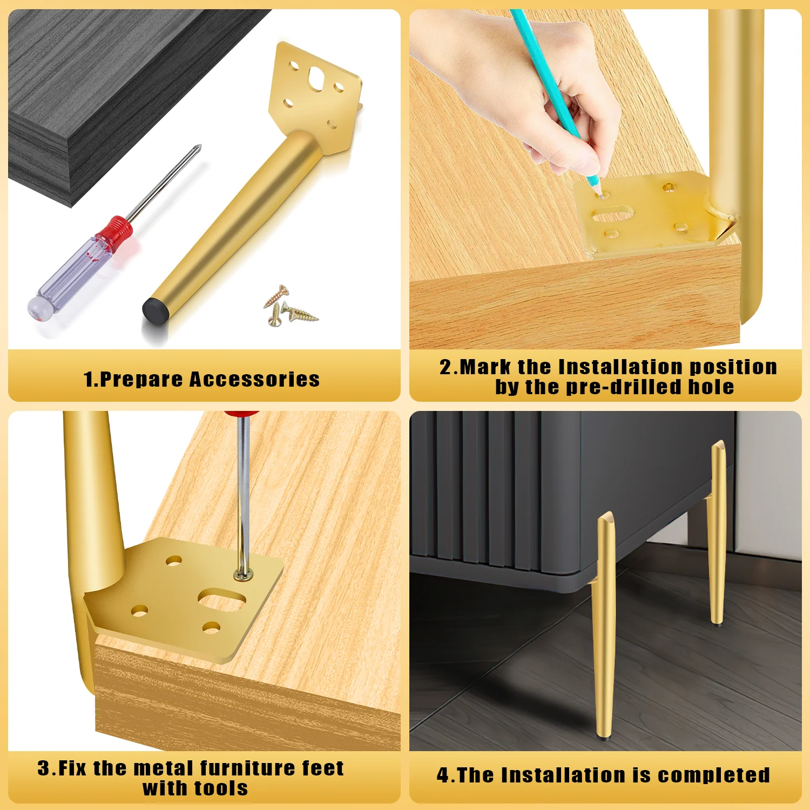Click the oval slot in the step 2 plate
click(613, 214)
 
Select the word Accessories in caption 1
click(254, 379)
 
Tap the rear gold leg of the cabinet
click(717, 532)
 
